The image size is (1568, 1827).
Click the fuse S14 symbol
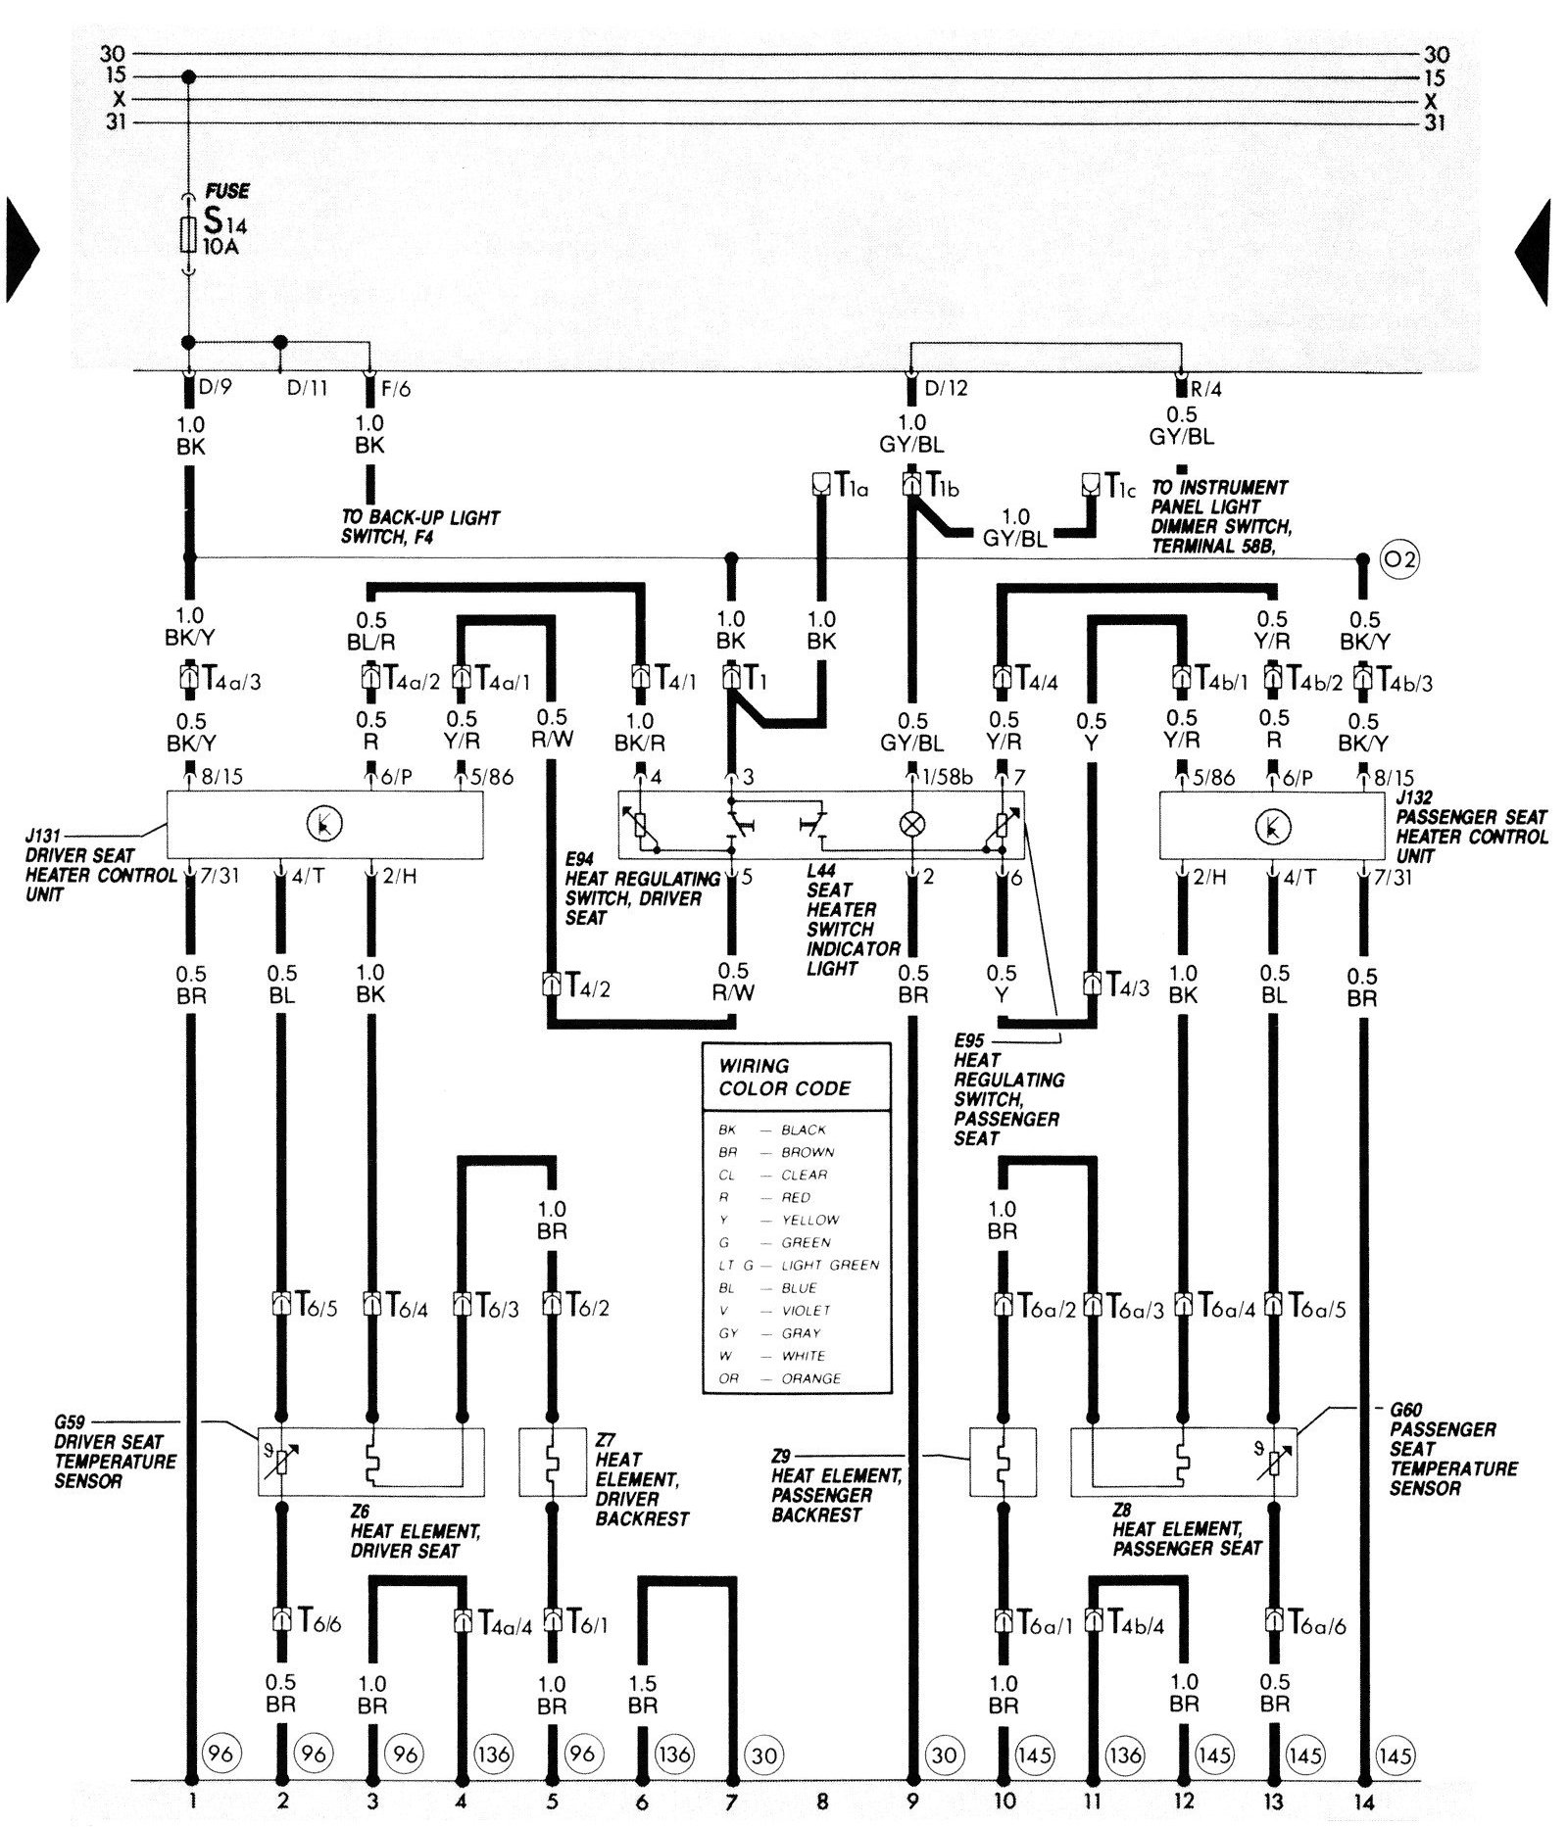point(189,235)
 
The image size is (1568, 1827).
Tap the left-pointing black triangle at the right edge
point(1532,252)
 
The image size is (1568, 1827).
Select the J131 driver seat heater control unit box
point(324,825)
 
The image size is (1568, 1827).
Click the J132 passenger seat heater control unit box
point(1272,825)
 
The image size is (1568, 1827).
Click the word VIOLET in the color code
point(806,1310)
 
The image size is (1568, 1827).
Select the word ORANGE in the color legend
point(810,1378)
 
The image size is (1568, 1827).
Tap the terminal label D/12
point(946,389)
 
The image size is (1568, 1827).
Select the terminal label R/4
point(1206,389)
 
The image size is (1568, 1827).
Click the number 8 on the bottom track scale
point(821,1799)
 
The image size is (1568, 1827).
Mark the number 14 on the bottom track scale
point(1365,1799)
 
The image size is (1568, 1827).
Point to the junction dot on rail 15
point(189,76)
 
